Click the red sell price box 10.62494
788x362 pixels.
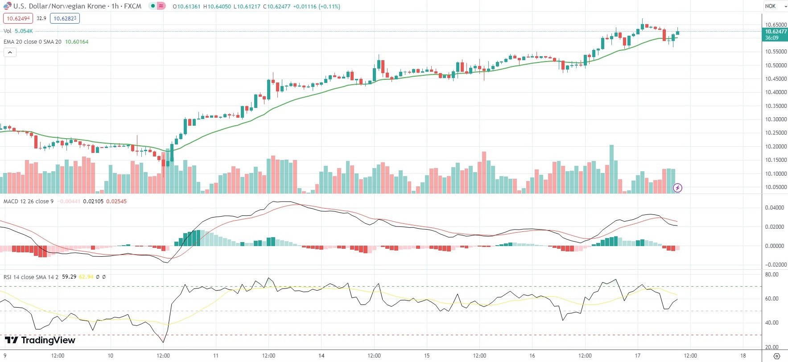[18, 18]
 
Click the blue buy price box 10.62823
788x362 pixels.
[65, 18]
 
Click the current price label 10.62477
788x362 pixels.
[776, 32]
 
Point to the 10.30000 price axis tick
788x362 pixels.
[776, 119]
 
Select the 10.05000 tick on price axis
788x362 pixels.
[776, 187]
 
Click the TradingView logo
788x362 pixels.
[40, 340]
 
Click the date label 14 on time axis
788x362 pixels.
[322, 356]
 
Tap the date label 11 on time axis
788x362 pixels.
[216, 356]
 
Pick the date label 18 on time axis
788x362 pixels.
[743, 356]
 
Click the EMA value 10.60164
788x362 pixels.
[77, 42]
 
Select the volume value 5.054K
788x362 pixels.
[24, 31]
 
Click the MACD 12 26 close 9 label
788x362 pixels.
[29, 202]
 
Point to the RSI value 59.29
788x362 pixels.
[69, 277]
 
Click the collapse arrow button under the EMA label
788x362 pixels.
[10, 53]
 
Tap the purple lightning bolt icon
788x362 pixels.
[677, 188]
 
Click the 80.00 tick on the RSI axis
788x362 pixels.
[771, 275]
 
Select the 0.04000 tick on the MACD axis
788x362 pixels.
[774, 208]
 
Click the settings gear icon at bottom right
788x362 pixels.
[776, 356]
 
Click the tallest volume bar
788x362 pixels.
[611, 169]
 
